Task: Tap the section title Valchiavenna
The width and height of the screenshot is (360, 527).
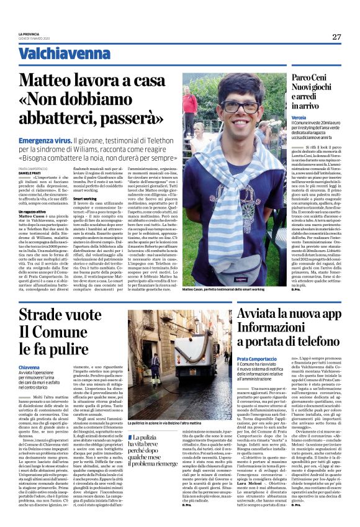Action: click(56, 53)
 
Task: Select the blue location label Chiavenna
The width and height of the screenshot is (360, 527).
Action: click(29, 368)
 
